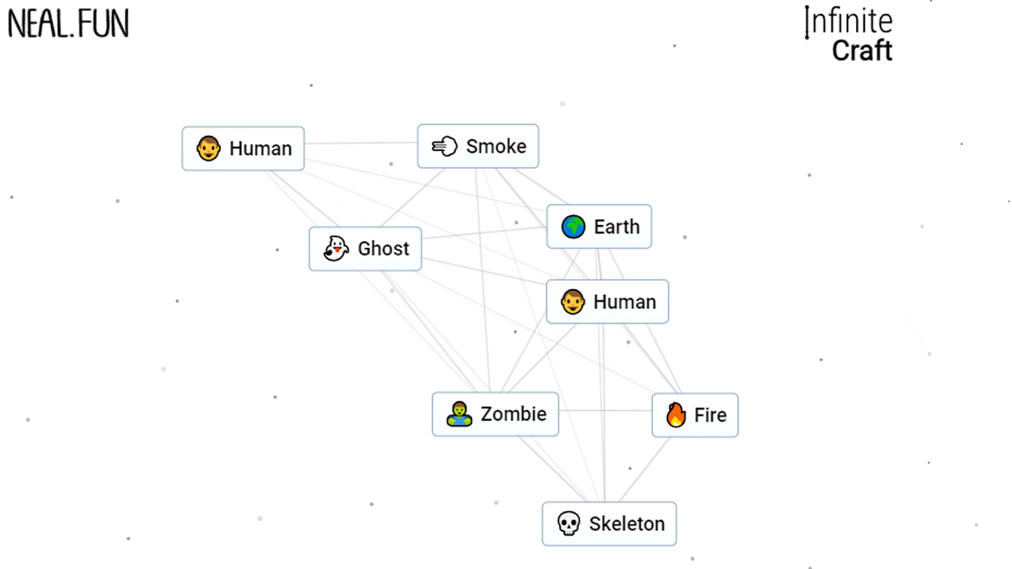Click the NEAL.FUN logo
coord(68,24)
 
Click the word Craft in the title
coord(862,51)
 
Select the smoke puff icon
coord(444,147)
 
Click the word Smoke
coord(496,147)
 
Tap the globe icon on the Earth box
coord(573,227)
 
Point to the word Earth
coord(616,227)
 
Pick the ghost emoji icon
coord(336,249)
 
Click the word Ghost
coord(383,249)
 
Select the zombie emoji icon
coord(459,414)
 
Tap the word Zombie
coord(513,414)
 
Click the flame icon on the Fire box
coord(676,415)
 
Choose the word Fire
coord(710,415)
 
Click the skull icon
coord(568,524)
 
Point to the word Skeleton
coord(627,524)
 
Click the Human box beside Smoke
coord(243,148)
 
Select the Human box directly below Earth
coord(607,302)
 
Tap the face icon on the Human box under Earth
coord(573,302)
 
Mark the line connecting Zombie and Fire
coord(605,411)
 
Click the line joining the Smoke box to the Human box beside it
coord(361,143)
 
